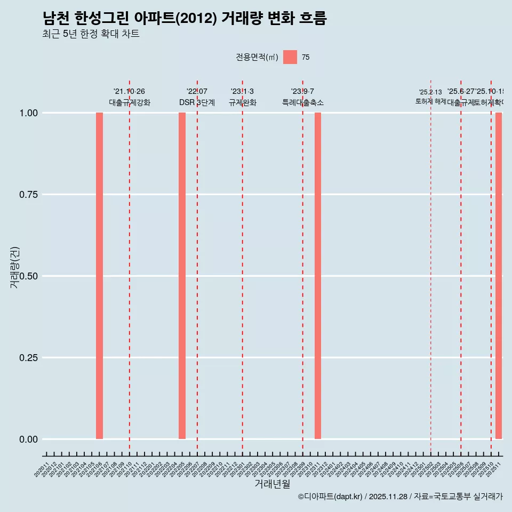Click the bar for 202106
[x=99, y=276]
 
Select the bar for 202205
[x=182, y=276]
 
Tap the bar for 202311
[x=318, y=276]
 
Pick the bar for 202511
[x=499, y=276]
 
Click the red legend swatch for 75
[x=290, y=57]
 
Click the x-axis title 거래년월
[x=272, y=484]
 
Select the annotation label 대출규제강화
[x=130, y=102]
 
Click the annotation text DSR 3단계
[x=197, y=102]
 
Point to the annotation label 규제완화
[x=243, y=102]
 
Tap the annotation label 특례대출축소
[x=303, y=102]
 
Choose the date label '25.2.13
[x=430, y=92]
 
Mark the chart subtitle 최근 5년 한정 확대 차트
[x=91, y=34]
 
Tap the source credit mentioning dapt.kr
[x=400, y=497]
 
